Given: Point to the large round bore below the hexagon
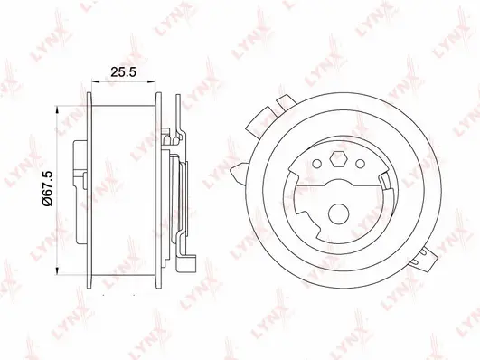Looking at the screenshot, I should (x=335, y=215).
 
